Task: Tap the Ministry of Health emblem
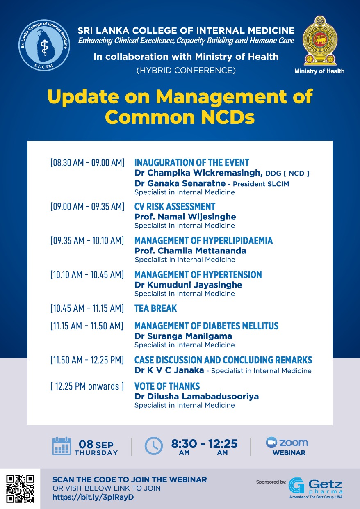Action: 319,41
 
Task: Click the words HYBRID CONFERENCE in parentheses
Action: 186,71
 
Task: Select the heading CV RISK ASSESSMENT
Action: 175,207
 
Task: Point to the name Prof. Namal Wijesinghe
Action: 185,217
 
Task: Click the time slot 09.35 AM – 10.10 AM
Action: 87,241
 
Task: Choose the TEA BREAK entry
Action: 155,308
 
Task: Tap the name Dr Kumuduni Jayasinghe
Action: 188,285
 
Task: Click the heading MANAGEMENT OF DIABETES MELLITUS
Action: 206,326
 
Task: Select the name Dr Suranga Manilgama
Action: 183,336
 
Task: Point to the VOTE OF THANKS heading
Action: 167,386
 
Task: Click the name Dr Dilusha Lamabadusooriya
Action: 196,397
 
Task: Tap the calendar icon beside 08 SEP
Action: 62,446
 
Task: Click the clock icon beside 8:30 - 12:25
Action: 154,446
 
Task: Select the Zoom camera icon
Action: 271,443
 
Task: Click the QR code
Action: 20,488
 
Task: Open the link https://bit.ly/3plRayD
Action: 93,497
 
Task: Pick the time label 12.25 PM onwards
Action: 87,386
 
